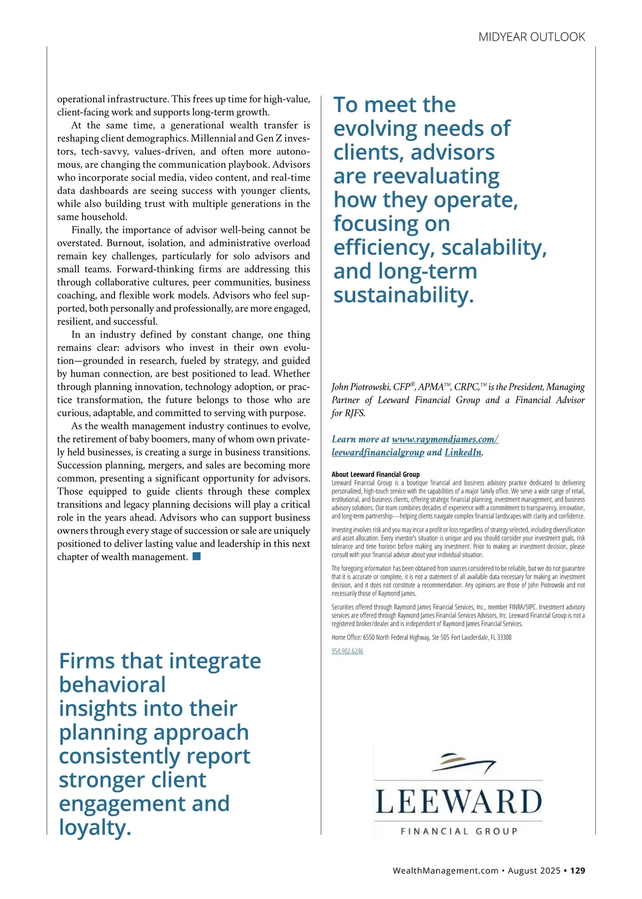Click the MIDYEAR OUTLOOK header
(x=531, y=37)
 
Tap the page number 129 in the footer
(x=577, y=871)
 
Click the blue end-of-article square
(x=196, y=557)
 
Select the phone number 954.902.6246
(x=347, y=651)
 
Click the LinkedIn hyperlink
(x=463, y=452)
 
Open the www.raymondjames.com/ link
(x=445, y=439)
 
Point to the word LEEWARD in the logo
(x=458, y=802)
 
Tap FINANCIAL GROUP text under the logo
(x=458, y=831)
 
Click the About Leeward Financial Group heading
(x=376, y=474)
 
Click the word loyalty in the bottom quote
(x=94, y=827)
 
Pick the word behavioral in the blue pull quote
(x=112, y=685)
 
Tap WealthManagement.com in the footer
(x=445, y=871)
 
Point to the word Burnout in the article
(x=125, y=243)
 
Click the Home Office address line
(x=421, y=637)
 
